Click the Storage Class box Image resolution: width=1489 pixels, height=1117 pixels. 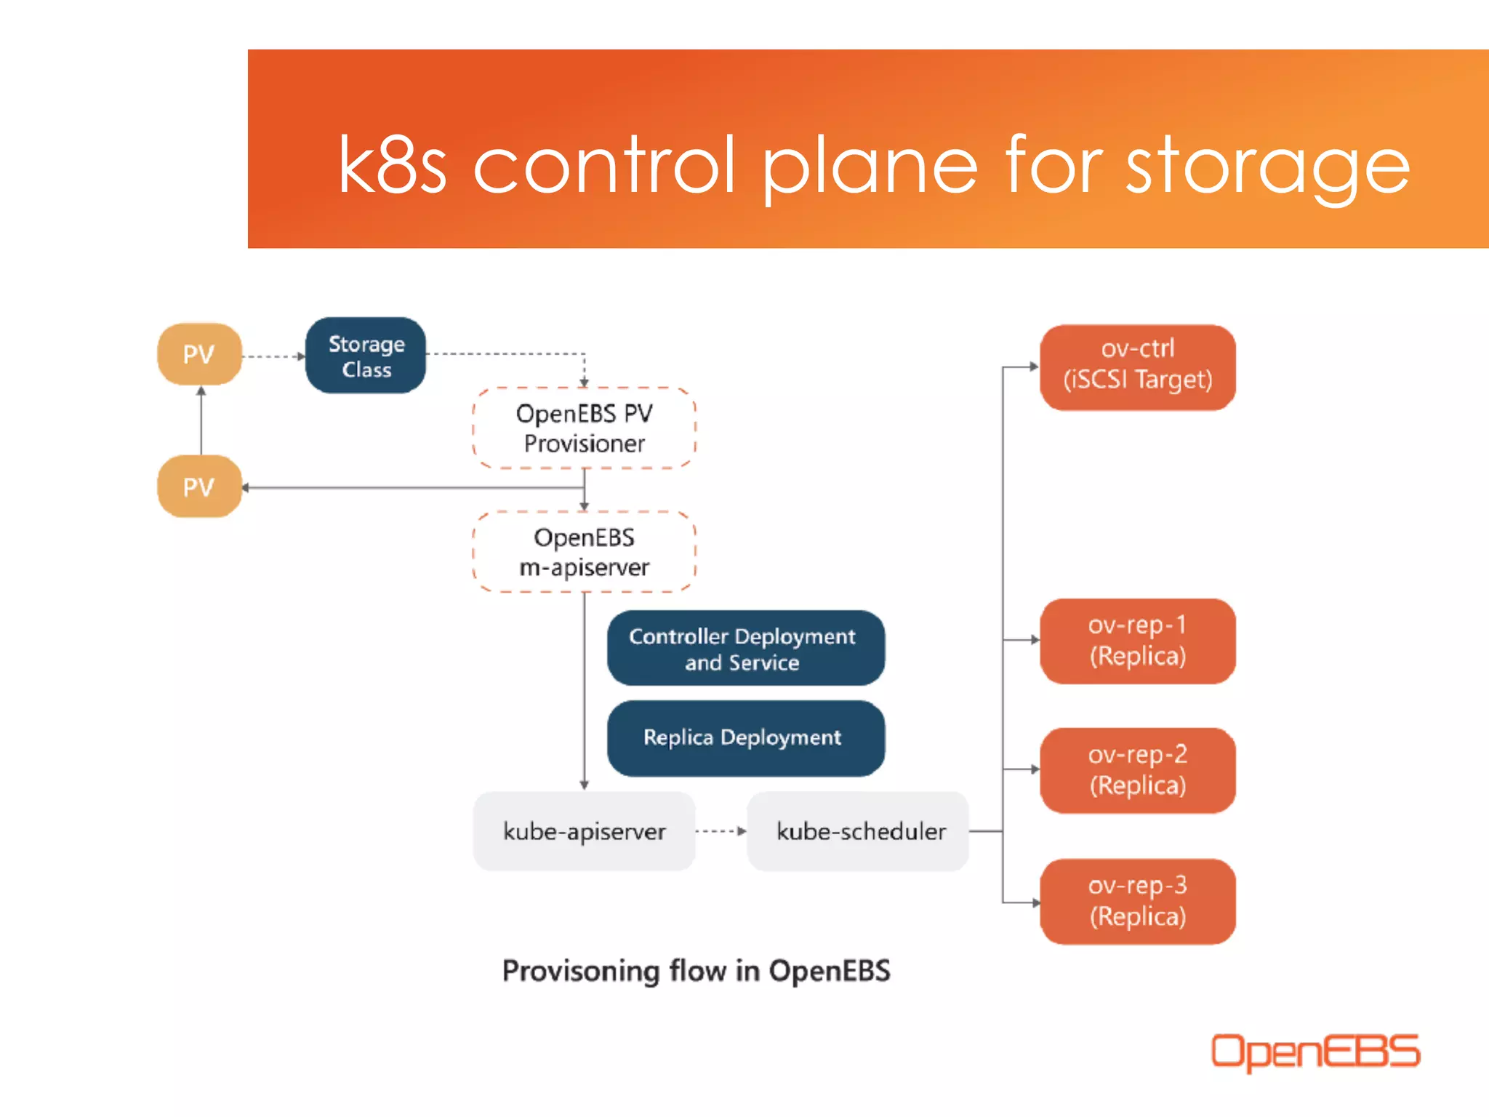pyautogui.click(x=366, y=356)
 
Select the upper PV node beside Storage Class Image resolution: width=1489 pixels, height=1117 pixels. pyautogui.click(x=199, y=355)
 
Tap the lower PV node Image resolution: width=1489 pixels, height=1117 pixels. pyautogui.click(x=199, y=487)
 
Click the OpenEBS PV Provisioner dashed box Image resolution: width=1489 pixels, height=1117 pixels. pyautogui.click(x=584, y=428)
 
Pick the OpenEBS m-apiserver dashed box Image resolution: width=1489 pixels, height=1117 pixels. pyautogui.click(x=584, y=552)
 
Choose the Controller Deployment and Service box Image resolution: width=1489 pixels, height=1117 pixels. pyautogui.click(x=745, y=649)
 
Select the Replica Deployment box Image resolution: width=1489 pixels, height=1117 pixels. pyautogui.click(x=745, y=738)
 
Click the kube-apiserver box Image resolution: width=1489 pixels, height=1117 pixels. pyautogui.click(x=584, y=831)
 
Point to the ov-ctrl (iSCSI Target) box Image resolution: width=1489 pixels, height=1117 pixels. pyautogui.click(x=1137, y=367)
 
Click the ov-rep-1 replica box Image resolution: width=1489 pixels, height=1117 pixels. pyautogui.click(x=1137, y=641)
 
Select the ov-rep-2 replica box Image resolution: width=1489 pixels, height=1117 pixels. pyautogui.click(x=1137, y=770)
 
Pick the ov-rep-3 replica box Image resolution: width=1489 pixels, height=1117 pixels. pyautogui.click(x=1137, y=901)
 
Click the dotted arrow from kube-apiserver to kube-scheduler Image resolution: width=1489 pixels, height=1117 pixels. pyautogui.click(x=720, y=830)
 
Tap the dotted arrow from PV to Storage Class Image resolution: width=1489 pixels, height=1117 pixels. pyautogui.click(x=273, y=356)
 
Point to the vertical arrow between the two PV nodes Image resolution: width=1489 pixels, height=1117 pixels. pyautogui.click(x=201, y=422)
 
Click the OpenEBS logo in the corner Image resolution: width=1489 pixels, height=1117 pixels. pyautogui.click(x=1315, y=1052)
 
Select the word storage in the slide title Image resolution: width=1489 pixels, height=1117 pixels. pyautogui.click(x=1268, y=167)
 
